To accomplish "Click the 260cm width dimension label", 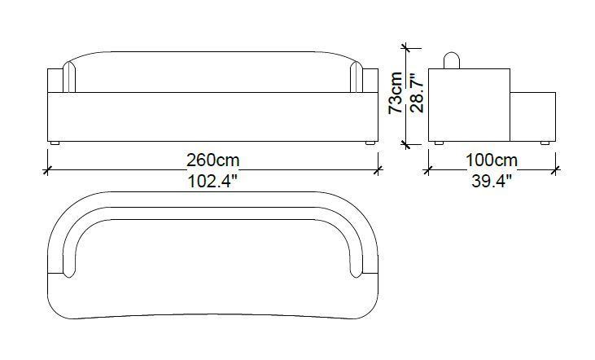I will (x=212, y=160).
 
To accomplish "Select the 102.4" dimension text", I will (x=212, y=182).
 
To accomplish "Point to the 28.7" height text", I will (x=416, y=94).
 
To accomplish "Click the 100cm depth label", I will (x=492, y=160).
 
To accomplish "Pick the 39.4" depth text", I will (x=492, y=182).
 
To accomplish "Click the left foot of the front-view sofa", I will (x=55, y=144).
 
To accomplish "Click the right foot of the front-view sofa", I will (x=371, y=144).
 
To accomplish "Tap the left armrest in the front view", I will (x=55, y=81).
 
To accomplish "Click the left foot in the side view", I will (x=439, y=144).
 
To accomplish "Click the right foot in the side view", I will (x=544, y=144).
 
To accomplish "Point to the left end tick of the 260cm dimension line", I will (x=48, y=170).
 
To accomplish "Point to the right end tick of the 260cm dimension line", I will (x=378, y=170).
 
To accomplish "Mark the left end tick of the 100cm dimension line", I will (x=428, y=170).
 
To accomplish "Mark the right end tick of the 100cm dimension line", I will (x=557, y=170).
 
